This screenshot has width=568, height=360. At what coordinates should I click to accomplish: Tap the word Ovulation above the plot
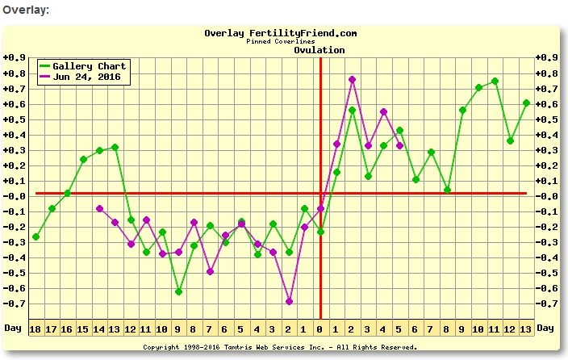point(319,50)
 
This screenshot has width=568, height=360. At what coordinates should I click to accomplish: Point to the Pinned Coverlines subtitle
point(281,41)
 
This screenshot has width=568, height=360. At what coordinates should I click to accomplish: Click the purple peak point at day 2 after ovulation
point(352,79)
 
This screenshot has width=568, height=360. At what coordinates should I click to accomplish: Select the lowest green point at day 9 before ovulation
point(177,291)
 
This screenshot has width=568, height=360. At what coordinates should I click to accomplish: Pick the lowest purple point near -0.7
point(289,301)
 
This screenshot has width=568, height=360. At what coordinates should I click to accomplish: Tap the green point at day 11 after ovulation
point(495,81)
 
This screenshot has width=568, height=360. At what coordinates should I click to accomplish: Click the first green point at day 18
point(35,237)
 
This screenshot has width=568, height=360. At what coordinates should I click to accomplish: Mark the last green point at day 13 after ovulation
point(526,103)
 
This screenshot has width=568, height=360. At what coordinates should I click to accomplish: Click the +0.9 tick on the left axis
point(13,58)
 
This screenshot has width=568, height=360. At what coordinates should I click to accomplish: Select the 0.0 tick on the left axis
point(13,196)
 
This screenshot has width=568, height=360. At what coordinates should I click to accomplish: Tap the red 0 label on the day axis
point(320,329)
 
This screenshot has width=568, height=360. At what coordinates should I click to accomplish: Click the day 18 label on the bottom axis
point(35,329)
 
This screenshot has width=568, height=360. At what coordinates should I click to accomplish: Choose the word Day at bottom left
point(12,329)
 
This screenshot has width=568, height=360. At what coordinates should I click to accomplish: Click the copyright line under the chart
point(281,347)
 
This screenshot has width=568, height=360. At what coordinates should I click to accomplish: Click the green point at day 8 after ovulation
point(447,190)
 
